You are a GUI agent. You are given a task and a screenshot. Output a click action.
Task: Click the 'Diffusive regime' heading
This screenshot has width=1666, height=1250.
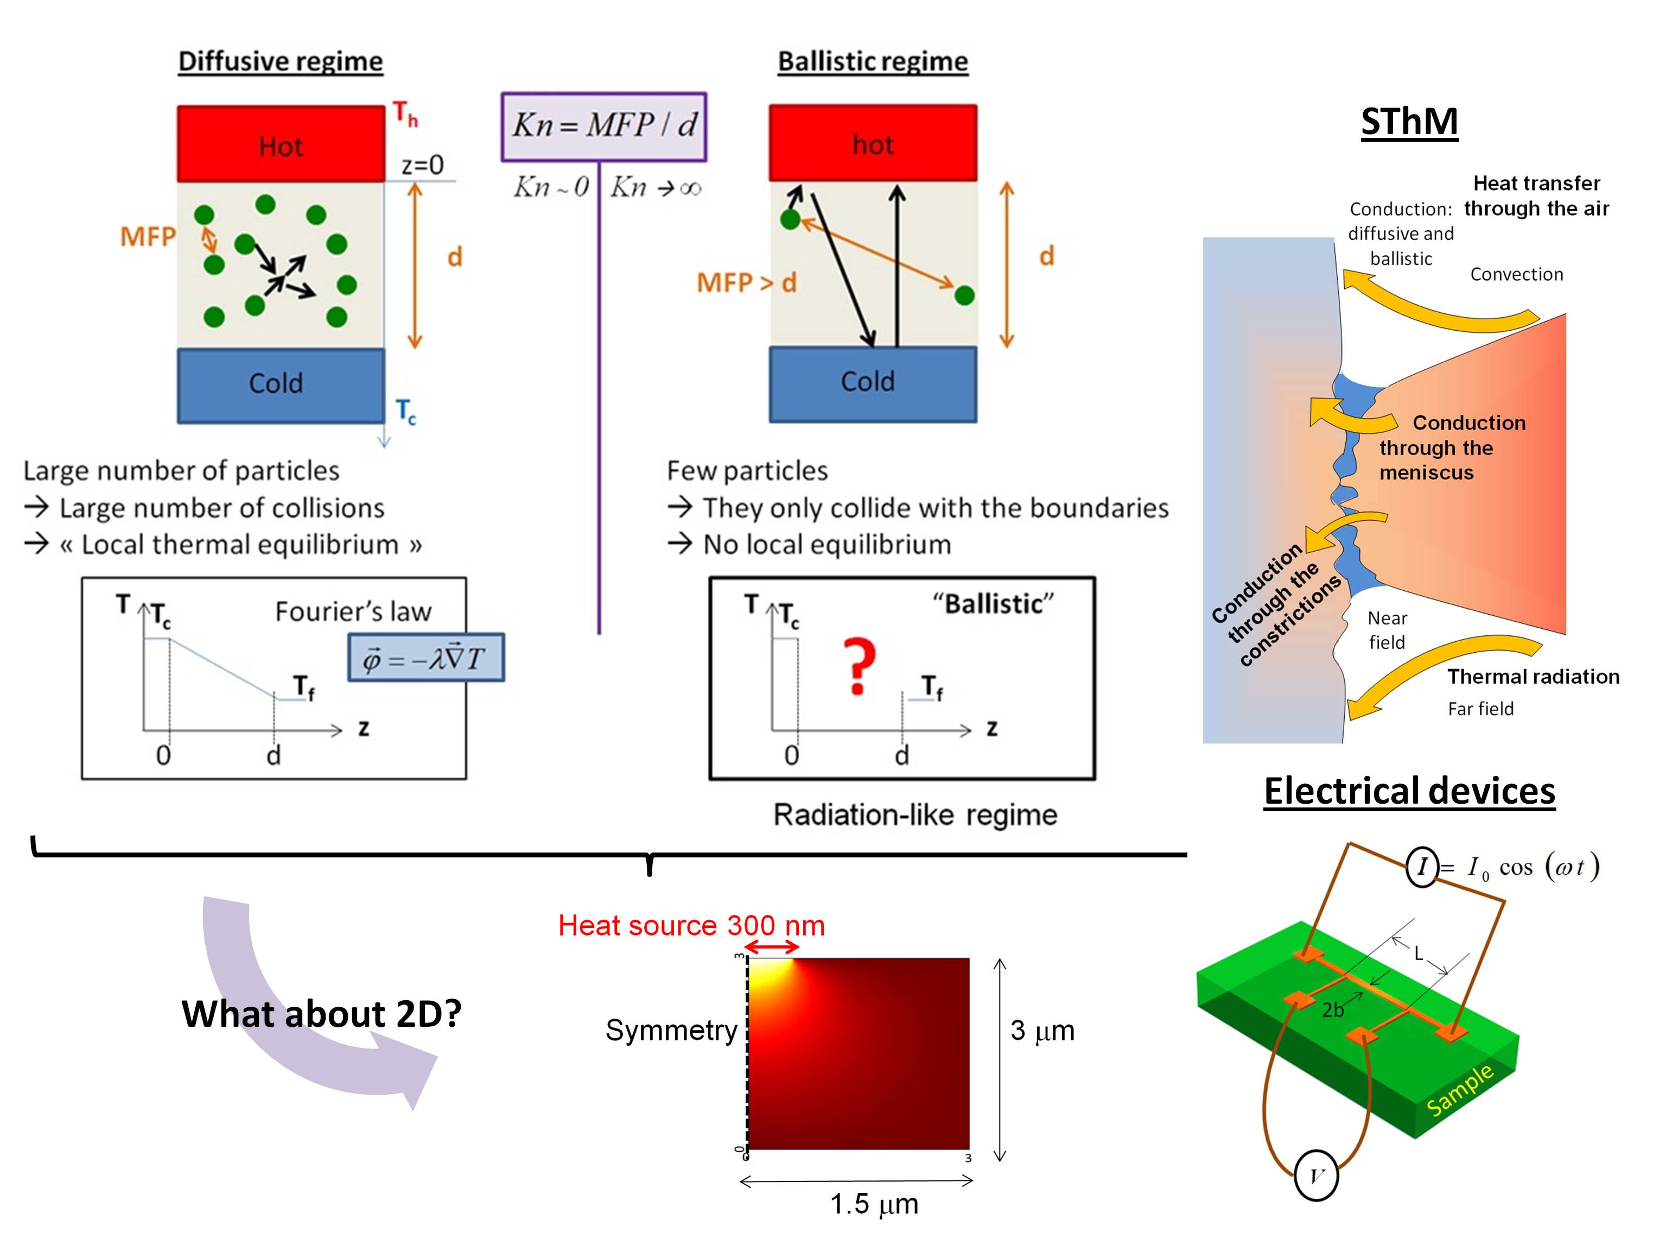coord(280,61)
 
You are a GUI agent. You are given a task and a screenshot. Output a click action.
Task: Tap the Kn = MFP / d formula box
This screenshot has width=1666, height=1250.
coord(603,127)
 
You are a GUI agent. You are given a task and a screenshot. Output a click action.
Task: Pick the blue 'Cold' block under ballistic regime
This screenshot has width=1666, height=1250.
coord(872,383)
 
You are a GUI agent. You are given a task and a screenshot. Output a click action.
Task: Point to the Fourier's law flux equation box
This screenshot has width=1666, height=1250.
coord(425,658)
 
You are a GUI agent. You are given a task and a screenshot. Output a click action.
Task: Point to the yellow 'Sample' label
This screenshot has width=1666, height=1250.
coord(1460,1089)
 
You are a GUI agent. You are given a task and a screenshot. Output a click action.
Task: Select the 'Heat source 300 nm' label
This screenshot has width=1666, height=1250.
coord(691,925)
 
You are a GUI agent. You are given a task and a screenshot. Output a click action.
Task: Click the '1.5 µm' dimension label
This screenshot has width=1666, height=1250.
coord(874,1203)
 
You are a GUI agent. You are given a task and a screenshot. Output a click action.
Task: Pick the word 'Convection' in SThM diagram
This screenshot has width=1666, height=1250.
coord(1516,274)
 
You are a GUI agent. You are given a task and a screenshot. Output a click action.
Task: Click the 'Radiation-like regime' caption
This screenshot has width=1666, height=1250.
coord(914,815)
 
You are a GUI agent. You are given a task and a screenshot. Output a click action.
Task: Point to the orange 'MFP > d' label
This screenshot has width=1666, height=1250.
coord(746,282)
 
